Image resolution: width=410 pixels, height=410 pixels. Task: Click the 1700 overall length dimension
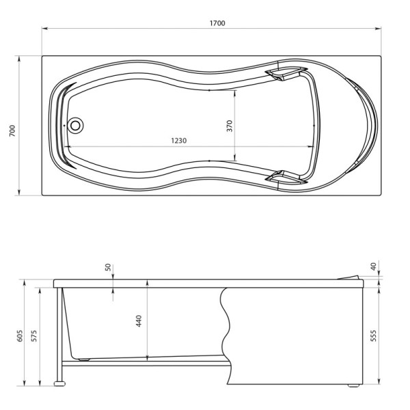point(217,23)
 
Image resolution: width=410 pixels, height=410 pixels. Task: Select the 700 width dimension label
point(12,131)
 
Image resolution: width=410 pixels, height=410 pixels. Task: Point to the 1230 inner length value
point(179,140)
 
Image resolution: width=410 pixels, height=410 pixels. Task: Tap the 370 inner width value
point(230,126)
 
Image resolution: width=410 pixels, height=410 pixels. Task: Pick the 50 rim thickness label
point(108,267)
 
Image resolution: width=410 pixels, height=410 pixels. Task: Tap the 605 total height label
point(20,336)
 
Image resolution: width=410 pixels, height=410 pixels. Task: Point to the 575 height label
point(33,336)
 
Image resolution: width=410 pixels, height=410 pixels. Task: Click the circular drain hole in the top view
point(75,126)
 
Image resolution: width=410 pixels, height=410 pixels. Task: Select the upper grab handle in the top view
point(286,72)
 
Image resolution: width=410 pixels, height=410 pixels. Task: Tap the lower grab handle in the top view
point(286,177)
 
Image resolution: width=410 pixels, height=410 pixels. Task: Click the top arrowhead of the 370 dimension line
point(236,92)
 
